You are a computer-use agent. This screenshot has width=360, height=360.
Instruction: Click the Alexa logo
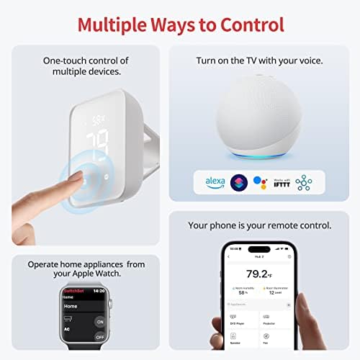point(215,181)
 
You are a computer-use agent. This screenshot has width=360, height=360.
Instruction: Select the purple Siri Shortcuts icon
point(239,181)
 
